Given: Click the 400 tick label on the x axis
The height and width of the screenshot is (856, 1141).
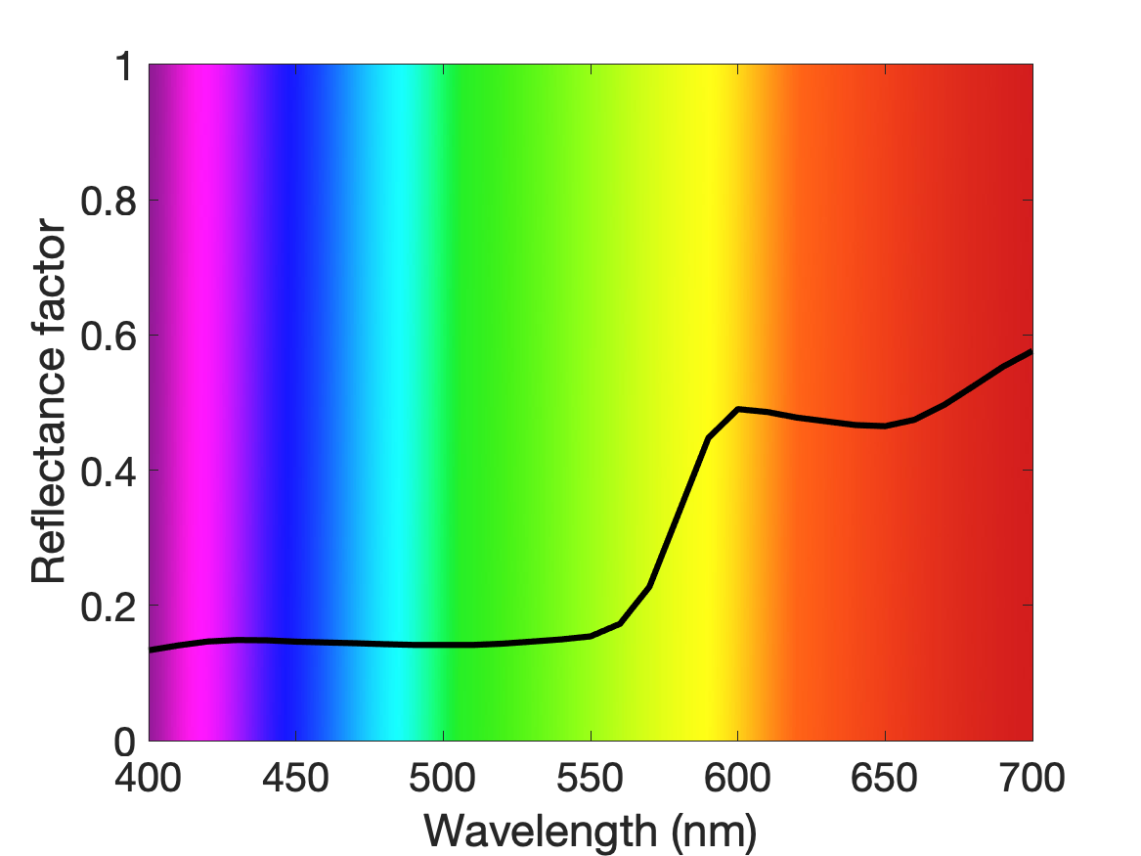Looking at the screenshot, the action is [149, 778].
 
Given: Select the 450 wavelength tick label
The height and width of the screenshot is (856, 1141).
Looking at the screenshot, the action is [295, 778].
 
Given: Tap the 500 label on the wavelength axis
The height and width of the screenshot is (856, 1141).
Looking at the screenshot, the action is [443, 778].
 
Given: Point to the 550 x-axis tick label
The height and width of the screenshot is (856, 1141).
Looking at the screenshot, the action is [591, 778].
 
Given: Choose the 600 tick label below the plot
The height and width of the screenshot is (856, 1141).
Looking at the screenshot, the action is [737, 778].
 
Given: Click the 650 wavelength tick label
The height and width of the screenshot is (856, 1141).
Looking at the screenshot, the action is [884, 778].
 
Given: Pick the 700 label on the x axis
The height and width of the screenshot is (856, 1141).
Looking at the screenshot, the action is [1031, 778].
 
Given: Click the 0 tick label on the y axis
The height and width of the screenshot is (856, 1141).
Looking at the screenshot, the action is [125, 742].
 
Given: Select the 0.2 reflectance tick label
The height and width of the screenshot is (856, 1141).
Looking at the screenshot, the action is [109, 607].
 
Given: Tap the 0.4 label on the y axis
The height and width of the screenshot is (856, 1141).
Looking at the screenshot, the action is [109, 472].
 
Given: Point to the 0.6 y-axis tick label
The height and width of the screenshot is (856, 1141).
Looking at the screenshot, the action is [109, 337].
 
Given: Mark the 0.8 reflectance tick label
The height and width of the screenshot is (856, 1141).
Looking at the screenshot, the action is [109, 201].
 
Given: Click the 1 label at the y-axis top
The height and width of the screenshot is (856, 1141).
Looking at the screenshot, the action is [126, 67].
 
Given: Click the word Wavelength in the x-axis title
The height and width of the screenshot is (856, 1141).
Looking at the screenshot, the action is [541, 831].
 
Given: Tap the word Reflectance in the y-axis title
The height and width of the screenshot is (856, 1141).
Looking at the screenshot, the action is [48, 463].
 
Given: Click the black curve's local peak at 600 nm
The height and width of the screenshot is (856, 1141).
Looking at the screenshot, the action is [738, 409].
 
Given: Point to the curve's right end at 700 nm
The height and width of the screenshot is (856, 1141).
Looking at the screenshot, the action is [1031, 352].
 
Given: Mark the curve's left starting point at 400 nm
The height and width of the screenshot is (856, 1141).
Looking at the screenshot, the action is [150, 650].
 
